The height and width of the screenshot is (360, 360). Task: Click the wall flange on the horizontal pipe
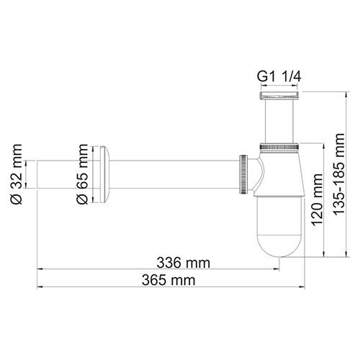pyautogui.click(x=107, y=174)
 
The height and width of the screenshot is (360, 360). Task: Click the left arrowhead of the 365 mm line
pyautogui.click(x=40, y=287)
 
